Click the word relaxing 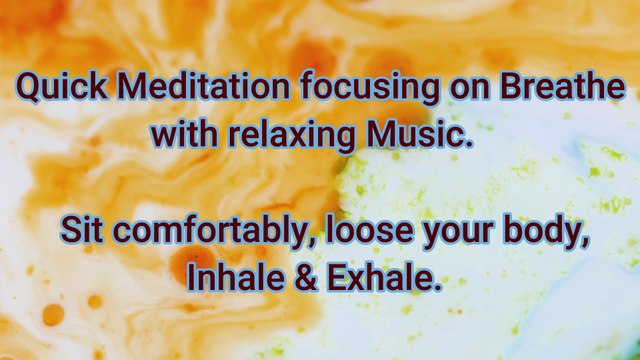tap(289, 134)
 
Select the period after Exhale tap(438, 286)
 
